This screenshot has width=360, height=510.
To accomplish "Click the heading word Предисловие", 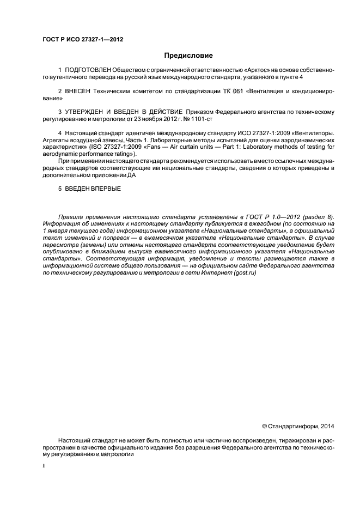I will coord(188,55).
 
